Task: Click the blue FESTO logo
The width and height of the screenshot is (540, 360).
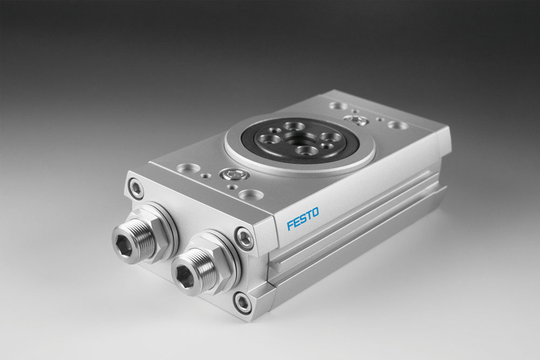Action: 303,218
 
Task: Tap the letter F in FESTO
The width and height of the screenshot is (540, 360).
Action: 290,225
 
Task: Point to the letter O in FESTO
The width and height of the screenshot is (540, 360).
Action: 315,212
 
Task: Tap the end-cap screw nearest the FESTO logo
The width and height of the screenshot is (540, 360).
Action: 244,237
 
